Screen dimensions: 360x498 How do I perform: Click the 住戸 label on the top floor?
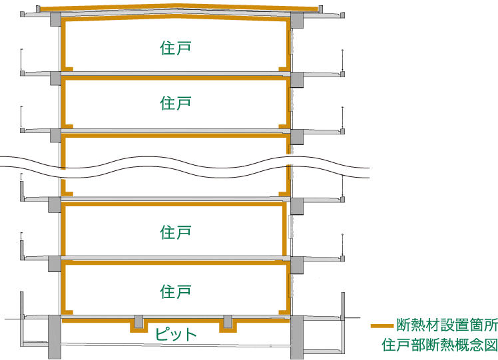[176, 48]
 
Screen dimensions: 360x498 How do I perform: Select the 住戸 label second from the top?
[176, 103]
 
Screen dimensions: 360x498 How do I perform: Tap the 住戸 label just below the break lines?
[176, 232]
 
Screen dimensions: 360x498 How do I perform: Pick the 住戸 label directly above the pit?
[176, 291]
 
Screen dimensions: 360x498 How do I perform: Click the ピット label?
[176, 333]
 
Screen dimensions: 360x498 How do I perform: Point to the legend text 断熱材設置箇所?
[446, 325]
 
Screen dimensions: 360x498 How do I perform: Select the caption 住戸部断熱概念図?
[439, 345]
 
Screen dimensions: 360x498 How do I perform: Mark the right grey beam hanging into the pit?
[228, 322]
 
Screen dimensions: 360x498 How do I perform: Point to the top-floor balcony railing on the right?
[342, 61]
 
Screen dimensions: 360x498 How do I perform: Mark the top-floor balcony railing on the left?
[21, 61]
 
